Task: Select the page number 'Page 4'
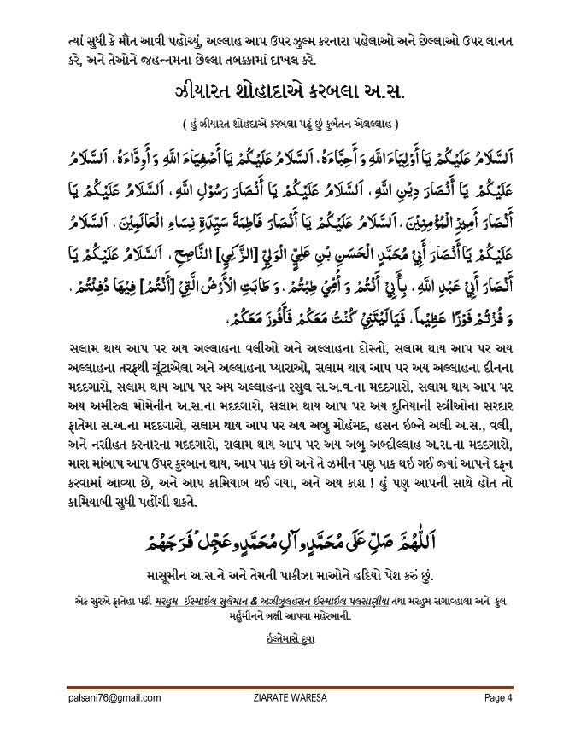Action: point(497,697)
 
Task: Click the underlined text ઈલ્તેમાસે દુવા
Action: point(290,637)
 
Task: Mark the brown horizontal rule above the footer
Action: point(290,687)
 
